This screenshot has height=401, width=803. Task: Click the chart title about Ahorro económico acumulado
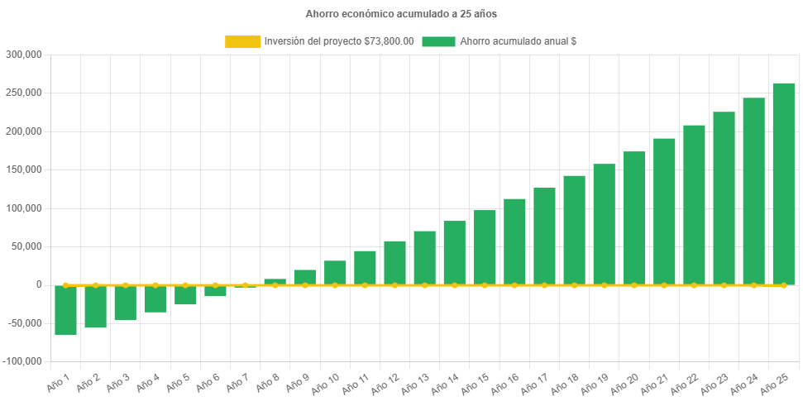(401, 14)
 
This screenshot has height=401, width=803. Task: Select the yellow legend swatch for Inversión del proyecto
(241, 41)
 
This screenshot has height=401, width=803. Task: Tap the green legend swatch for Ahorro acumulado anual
(438, 41)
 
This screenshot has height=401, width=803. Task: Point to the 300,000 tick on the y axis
(24, 55)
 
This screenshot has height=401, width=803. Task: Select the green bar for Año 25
(783, 184)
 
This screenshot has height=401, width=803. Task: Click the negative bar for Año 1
(66, 310)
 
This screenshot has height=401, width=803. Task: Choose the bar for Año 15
(485, 247)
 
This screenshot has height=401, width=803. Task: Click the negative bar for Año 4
(155, 298)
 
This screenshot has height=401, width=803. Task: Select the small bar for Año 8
(275, 282)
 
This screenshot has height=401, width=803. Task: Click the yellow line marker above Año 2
(96, 285)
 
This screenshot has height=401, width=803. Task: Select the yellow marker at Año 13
(424, 285)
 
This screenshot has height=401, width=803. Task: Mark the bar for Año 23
(724, 198)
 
